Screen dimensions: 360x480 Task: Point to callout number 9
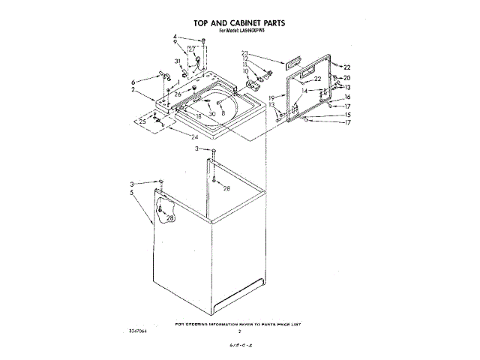pyautogui.click(x=175, y=43)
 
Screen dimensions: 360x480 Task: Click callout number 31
pyautogui.click(x=178, y=61)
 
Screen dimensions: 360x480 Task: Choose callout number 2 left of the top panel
pyautogui.click(x=133, y=90)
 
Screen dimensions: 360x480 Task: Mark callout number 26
pyautogui.click(x=178, y=94)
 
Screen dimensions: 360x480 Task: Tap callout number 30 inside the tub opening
pyautogui.click(x=212, y=113)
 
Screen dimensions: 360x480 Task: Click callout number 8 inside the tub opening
pyautogui.click(x=223, y=112)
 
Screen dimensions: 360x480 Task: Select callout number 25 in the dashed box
pyautogui.click(x=142, y=121)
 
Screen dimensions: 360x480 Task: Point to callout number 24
pyautogui.click(x=194, y=137)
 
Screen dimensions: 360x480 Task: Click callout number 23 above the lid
pyautogui.click(x=244, y=52)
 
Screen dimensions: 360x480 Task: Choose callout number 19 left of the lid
pyautogui.click(x=272, y=98)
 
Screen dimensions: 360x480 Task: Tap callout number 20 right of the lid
pyautogui.click(x=346, y=78)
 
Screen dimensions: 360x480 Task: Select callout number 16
pyautogui.click(x=347, y=97)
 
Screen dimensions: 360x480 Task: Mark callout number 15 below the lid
pyautogui.click(x=347, y=114)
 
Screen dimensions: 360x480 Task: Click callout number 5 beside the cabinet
pyautogui.click(x=133, y=193)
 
